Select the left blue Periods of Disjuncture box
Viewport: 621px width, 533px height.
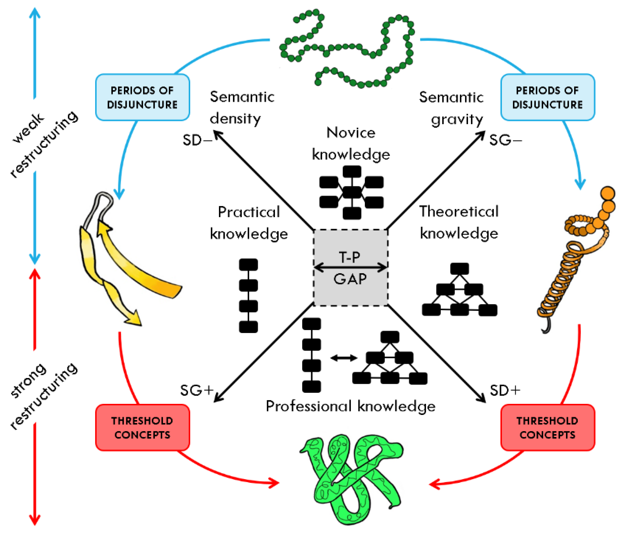142,98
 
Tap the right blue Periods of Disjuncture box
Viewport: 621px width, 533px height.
548,98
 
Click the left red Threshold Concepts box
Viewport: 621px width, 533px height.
142,427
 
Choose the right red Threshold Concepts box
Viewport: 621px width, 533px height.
548,427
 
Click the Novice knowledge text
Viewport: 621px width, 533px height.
351,143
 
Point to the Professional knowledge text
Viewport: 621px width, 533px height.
351,406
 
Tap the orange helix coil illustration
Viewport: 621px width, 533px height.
570,264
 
